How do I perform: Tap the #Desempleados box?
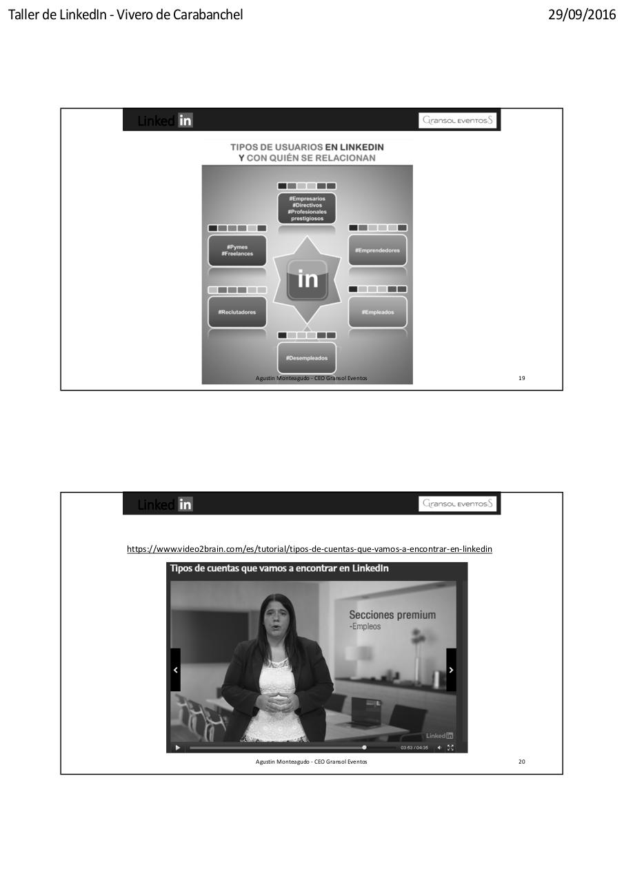[x=307, y=358]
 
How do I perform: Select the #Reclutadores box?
[x=237, y=312]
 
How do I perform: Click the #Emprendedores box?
[x=377, y=250]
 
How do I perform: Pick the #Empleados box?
[x=377, y=312]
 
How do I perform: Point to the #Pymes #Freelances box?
[x=237, y=250]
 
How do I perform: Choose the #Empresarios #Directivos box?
[x=307, y=208]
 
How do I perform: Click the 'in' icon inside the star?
[x=307, y=279]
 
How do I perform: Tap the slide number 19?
[x=521, y=378]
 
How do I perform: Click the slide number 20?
[x=521, y=762]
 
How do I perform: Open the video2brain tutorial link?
[x=309, y=549]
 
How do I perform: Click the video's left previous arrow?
[x=175, y=670]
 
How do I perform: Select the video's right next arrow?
[x=451, y=670]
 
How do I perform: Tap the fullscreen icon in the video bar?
[x=450, y=748]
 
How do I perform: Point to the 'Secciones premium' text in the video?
[x=392, y=615]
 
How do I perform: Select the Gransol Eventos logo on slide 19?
[x=458, y=121]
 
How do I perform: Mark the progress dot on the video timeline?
[x=364, y=747]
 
